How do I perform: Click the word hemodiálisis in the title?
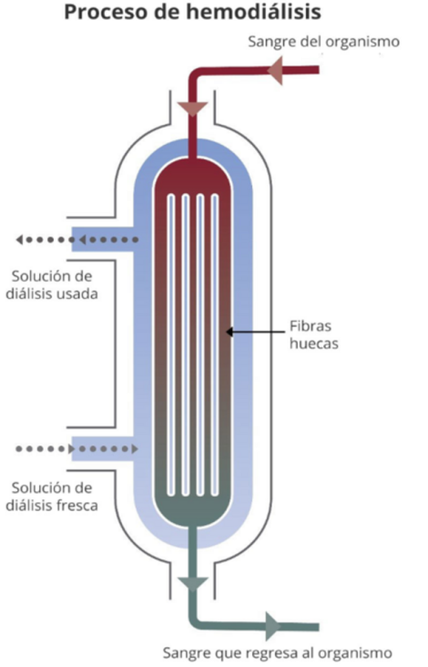tap(254, 12)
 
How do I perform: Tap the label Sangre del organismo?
tap(323, 42)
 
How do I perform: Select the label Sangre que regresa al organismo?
tap(277, 652)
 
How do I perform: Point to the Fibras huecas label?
tap(313, 334)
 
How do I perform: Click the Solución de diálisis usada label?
tap(52, 285)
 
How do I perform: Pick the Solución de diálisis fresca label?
tap(52, 497)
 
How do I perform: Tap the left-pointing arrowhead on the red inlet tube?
tap(275, 70)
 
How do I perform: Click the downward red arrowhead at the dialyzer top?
tap(192, 109)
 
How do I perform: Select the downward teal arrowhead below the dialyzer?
tap(192, 584)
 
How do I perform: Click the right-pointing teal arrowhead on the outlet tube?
tap(273, 626)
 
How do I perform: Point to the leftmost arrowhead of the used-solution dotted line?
tap(19, 240)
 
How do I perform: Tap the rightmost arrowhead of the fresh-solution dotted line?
tap(135, 448)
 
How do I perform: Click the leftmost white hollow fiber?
tap(171, 345)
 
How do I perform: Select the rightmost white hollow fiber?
tap(215, 345)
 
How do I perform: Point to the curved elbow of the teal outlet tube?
tap(197, 622)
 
